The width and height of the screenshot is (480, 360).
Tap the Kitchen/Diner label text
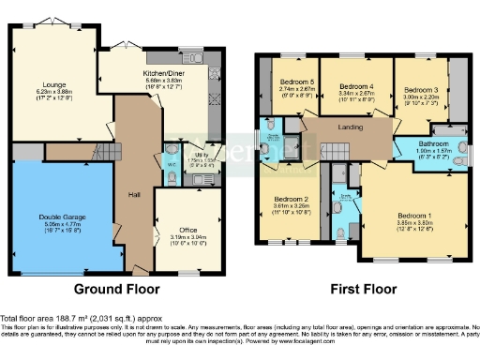pos(162,72)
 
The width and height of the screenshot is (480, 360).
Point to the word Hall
pos(133,196)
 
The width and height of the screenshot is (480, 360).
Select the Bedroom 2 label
pos(291,199)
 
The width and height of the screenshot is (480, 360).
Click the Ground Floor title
pos(116,288)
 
